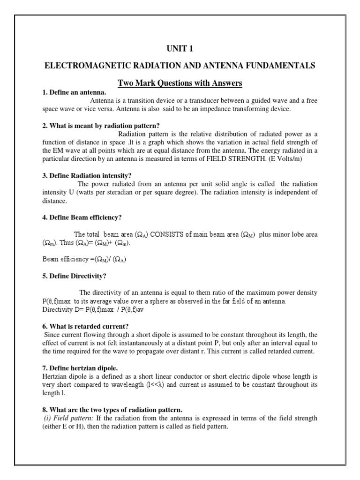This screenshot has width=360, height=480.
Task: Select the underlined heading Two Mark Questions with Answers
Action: pyautogui.click(x=180, y=83)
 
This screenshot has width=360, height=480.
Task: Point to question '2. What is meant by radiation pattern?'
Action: pyautogui.click(x=101, y=126)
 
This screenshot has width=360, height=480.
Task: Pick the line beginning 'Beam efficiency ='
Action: pyautogui.click(x=84, y=259)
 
